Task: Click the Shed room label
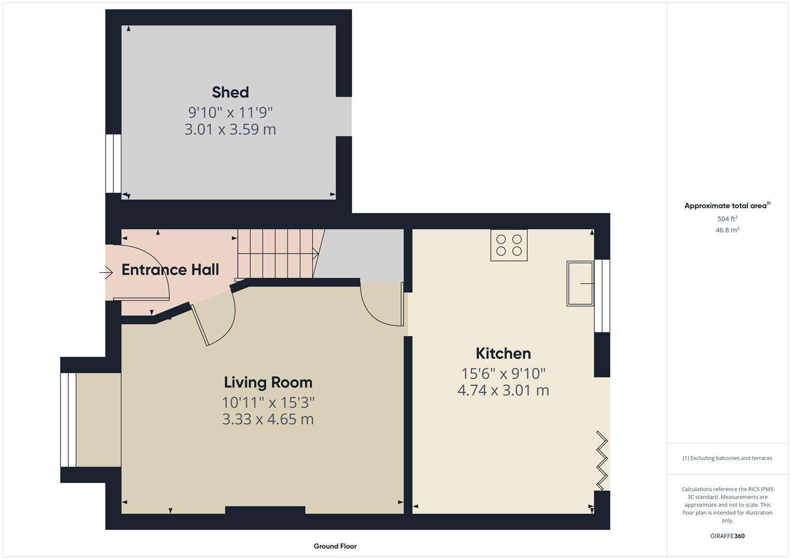[x=230, y=92]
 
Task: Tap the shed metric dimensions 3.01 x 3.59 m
[x=230, y=129]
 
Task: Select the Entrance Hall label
[x=170, y=270]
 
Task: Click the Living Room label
[x=268, y=383]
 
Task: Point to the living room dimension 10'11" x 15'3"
[x=268, y=402]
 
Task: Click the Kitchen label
[x=503, y=354]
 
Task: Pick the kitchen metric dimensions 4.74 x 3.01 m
[x=503, y=390]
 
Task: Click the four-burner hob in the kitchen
[x=509, y=245]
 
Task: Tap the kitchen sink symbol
[x=580, y=284]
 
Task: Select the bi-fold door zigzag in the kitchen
[x=602, y=460]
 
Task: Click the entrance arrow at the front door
[x=106, y=272]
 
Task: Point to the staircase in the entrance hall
[x=277, y=253]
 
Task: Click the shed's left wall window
[x=113, y=164]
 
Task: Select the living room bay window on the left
[x=68, y=420]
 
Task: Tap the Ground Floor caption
[x=335, y=546]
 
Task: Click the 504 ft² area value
[x=727, y=219]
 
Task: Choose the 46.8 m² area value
[x=727, y=230]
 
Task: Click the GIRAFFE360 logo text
[x=727, y=536]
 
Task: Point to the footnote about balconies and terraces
[x=727, y=458]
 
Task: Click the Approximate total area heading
[x=727, y=205]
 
